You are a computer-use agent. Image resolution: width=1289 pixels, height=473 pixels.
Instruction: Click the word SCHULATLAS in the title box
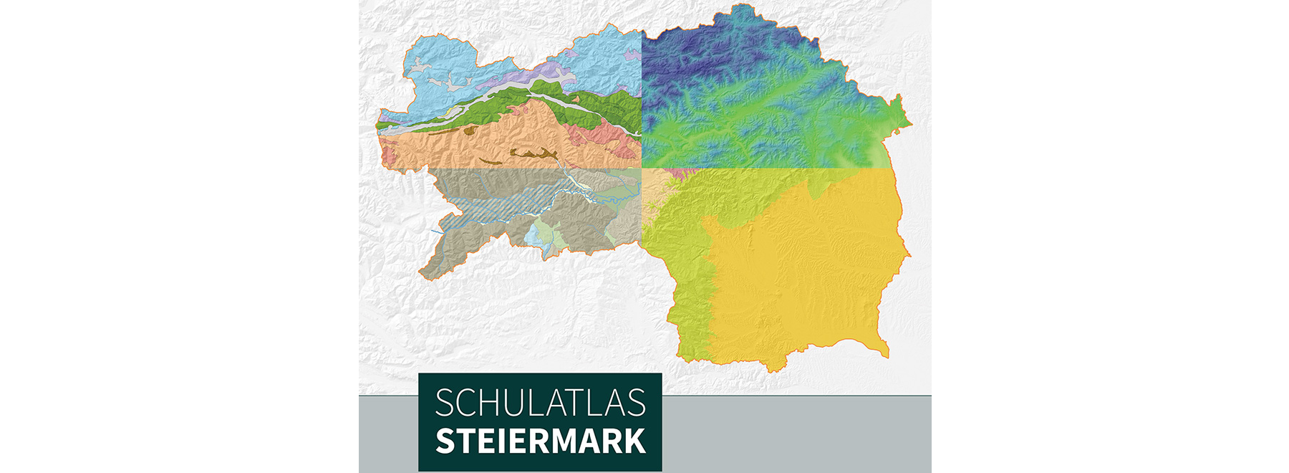(540, 403)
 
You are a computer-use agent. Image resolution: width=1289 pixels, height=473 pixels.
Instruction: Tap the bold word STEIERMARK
(540, 441)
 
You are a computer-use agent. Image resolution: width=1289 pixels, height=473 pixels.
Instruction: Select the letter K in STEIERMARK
(634, 441)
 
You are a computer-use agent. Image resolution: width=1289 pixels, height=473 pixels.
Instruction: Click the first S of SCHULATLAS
(445, 403)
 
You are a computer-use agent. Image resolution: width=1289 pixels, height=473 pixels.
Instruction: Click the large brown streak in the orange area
(534, 153)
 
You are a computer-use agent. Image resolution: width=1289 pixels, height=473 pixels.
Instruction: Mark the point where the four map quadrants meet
(642, 168)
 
